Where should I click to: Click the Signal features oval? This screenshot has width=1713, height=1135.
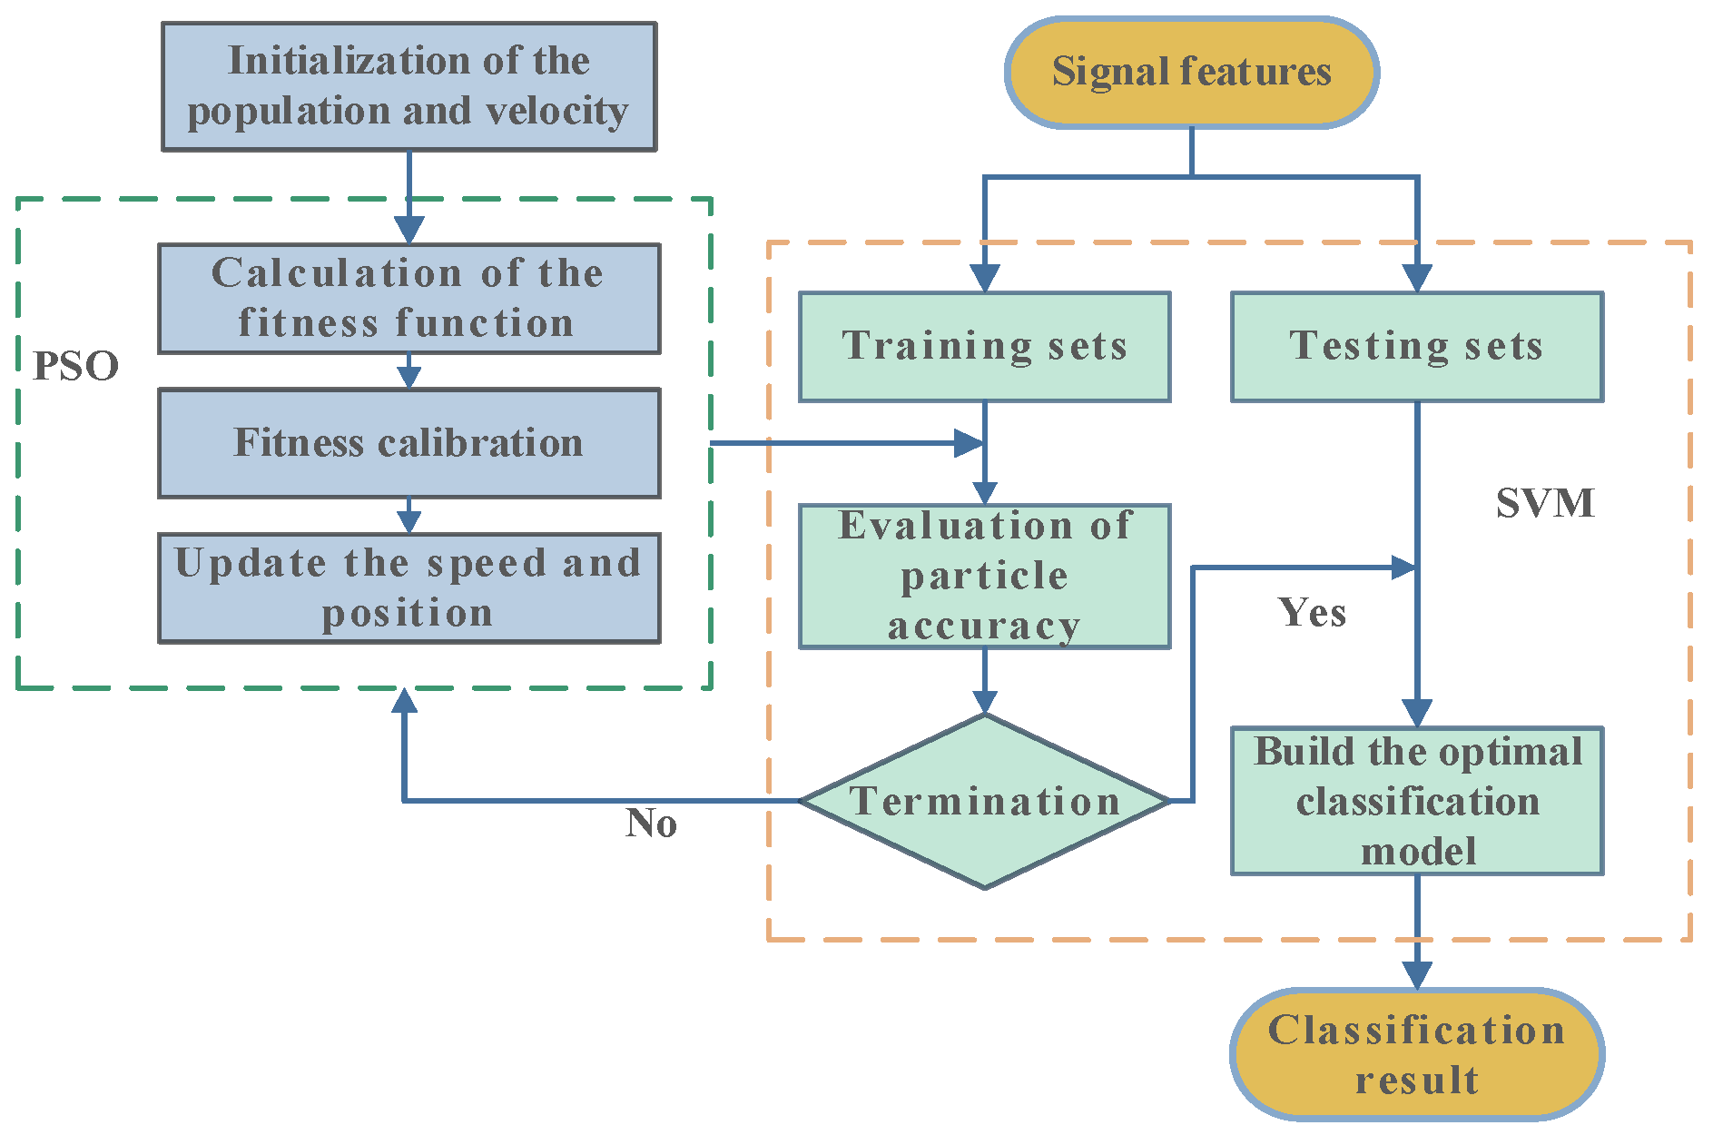point(1191,72)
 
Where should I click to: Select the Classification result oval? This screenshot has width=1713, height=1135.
point(1416,1054)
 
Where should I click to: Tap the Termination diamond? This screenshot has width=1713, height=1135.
point(984,801)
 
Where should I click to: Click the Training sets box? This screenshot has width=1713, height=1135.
point(984,346)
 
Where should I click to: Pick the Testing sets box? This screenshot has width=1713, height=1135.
point(1416,346)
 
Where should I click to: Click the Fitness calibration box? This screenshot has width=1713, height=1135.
point(409,443)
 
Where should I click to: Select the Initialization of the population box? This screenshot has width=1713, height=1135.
point(409,86)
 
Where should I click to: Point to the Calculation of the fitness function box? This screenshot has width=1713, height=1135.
point(409,298)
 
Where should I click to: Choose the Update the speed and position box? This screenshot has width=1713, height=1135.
point(409,587)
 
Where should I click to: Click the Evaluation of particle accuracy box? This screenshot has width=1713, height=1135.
point(984,576)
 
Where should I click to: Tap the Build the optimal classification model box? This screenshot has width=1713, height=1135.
point(1416,801)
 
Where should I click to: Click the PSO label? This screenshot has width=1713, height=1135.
point(75,366)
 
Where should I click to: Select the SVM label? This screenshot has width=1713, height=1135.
point(1544,503)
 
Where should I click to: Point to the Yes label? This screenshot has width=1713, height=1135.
point(1312,613)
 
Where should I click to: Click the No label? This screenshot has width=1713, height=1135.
point(651,824)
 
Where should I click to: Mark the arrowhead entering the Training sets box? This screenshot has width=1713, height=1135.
point(984,279)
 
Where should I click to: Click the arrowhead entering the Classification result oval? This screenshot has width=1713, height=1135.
point(1416,976)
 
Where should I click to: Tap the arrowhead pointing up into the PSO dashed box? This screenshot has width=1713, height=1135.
point(405,700)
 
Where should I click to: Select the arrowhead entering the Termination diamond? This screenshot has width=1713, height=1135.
point(984,702)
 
